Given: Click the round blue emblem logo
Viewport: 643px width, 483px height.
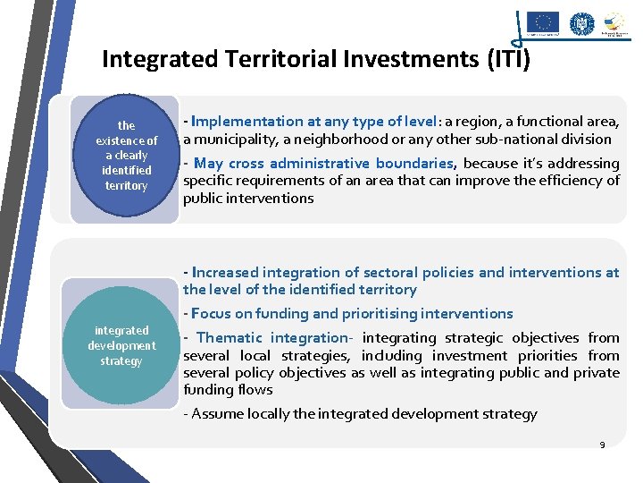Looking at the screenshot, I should coord(582,22).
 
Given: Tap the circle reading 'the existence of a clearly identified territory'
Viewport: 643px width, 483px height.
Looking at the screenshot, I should coord(126,156).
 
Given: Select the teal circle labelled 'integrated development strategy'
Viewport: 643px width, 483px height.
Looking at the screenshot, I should coord(121,345).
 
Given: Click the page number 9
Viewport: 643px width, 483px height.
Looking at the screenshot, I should coord(602,445).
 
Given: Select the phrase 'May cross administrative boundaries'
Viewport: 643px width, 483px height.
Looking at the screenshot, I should coord(323,163).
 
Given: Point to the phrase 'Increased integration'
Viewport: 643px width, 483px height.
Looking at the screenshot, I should coord(265,272).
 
